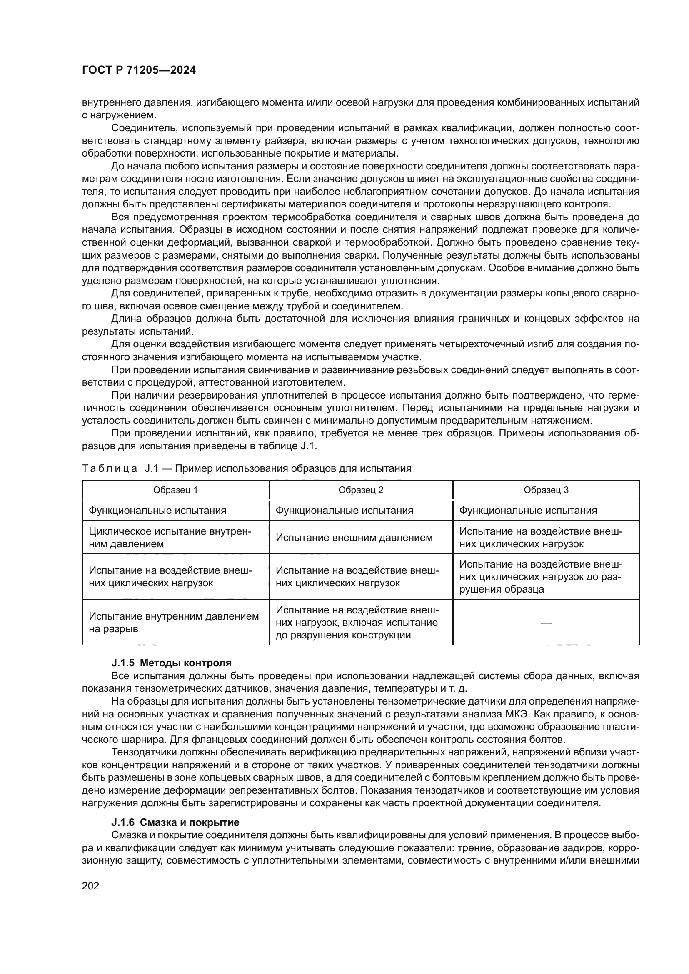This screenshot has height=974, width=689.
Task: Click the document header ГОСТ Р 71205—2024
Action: [139, 70]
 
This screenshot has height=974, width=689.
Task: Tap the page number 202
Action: [90, 886]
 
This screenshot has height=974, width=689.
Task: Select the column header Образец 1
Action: [175, 490]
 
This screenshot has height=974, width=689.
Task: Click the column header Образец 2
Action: [361, 490]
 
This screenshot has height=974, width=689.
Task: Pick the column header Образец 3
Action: [546, 490]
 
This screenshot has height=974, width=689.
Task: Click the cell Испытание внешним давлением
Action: [354, 538]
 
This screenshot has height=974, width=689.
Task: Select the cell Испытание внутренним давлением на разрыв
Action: [174, 622]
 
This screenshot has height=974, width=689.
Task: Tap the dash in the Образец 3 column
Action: [547, 623]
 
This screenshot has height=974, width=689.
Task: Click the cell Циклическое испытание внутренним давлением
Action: [170, 538]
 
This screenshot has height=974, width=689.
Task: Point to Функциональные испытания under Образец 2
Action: [344, 511]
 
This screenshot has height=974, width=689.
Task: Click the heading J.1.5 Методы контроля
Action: [171, 663]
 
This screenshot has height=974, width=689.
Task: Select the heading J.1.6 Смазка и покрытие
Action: [175, 822]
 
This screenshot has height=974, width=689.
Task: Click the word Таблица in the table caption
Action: [110, 468]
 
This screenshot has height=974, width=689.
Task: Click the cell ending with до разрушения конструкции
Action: [357, 622]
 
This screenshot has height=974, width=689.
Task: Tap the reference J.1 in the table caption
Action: [151, 468]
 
